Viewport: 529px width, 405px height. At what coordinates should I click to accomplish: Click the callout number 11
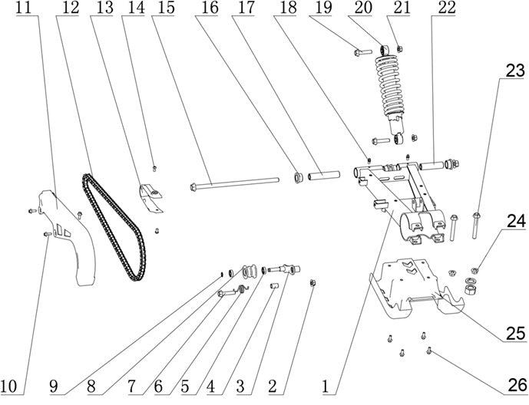[x=23, y=8]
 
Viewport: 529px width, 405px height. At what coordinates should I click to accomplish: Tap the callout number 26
[x=516, y=385]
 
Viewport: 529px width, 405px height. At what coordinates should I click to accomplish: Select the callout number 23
[x=515, y=71]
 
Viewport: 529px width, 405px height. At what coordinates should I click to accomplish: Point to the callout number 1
[x=326, y=387]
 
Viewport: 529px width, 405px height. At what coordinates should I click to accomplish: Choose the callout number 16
[x=210, y=8]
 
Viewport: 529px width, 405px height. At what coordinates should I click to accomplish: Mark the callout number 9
[x=53, y=387]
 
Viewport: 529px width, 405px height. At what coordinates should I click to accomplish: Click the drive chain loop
[x=114, y=226]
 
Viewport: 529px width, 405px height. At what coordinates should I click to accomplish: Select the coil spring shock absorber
[x=390, y=94]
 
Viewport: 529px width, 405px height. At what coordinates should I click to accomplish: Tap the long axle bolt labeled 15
[x=234, y=184]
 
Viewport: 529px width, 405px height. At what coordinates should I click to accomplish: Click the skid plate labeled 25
[x=417, y=288]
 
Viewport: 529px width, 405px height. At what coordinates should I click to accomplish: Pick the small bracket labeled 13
[x=150, y=199]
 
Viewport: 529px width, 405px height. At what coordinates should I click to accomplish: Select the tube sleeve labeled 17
[x=324, y=176]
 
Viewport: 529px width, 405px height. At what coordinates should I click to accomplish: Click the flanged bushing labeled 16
[x=297, y=177]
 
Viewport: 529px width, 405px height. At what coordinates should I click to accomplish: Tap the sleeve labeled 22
[x=431, y=166]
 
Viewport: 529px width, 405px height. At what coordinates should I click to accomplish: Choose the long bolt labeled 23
[x=475, y=226]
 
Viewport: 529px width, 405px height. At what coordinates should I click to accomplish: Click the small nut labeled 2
[x=312, y=283]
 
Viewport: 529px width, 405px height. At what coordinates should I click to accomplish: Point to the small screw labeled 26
[x=429, y=351]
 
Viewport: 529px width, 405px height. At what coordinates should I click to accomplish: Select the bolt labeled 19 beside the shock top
[x=362, y=52]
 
